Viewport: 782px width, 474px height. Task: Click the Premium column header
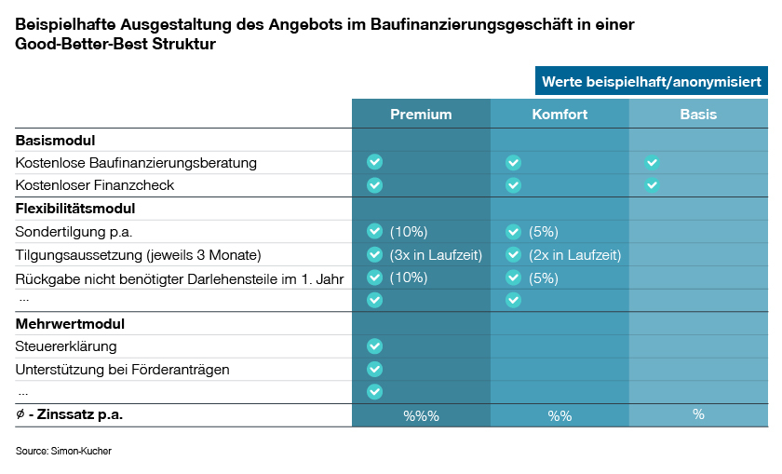pos(421,115)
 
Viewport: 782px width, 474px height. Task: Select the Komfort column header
pos(560,115)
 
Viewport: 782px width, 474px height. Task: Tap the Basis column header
pos(698,115)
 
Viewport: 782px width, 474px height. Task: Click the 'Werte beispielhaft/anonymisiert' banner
pos(652,82)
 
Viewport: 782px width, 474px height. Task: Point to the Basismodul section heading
pos(56,141)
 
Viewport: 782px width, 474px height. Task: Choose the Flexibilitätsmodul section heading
pos(75,209)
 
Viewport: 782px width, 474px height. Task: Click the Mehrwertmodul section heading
pos(70,324)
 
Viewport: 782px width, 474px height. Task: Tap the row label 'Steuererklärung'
pos(66,346)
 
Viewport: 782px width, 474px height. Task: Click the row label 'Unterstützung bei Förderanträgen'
pos(122,370)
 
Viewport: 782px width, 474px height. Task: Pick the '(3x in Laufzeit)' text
pos(436,255)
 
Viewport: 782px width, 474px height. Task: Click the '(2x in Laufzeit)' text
pos(574,255)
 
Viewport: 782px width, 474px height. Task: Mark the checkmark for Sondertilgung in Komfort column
pos(513,232)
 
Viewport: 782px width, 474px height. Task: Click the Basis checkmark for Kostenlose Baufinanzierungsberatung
pos(652,163)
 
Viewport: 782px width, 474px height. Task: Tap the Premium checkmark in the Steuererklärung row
pos(374,346)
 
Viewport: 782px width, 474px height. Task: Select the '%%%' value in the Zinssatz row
pos(421,416)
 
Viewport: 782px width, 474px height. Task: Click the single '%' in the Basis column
pos(698,415)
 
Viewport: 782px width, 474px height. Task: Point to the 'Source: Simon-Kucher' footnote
pos(57,451)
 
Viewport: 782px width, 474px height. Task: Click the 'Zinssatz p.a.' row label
pos(74,415)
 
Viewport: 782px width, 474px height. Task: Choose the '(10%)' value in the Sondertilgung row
pos(409,232)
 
